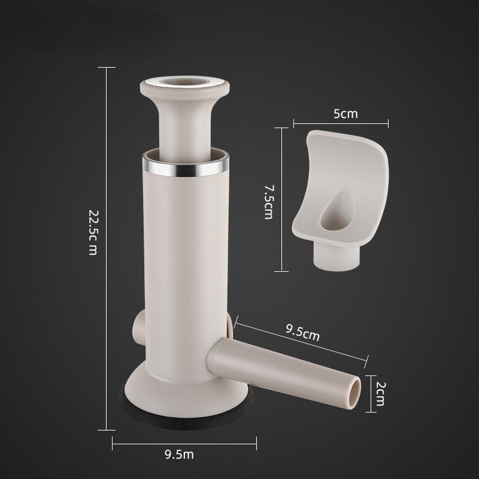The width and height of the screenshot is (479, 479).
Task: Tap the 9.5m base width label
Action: [179, 454]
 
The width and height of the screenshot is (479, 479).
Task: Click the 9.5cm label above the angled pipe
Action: [302, 333]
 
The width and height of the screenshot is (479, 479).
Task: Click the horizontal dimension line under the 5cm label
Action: [341, 124]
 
